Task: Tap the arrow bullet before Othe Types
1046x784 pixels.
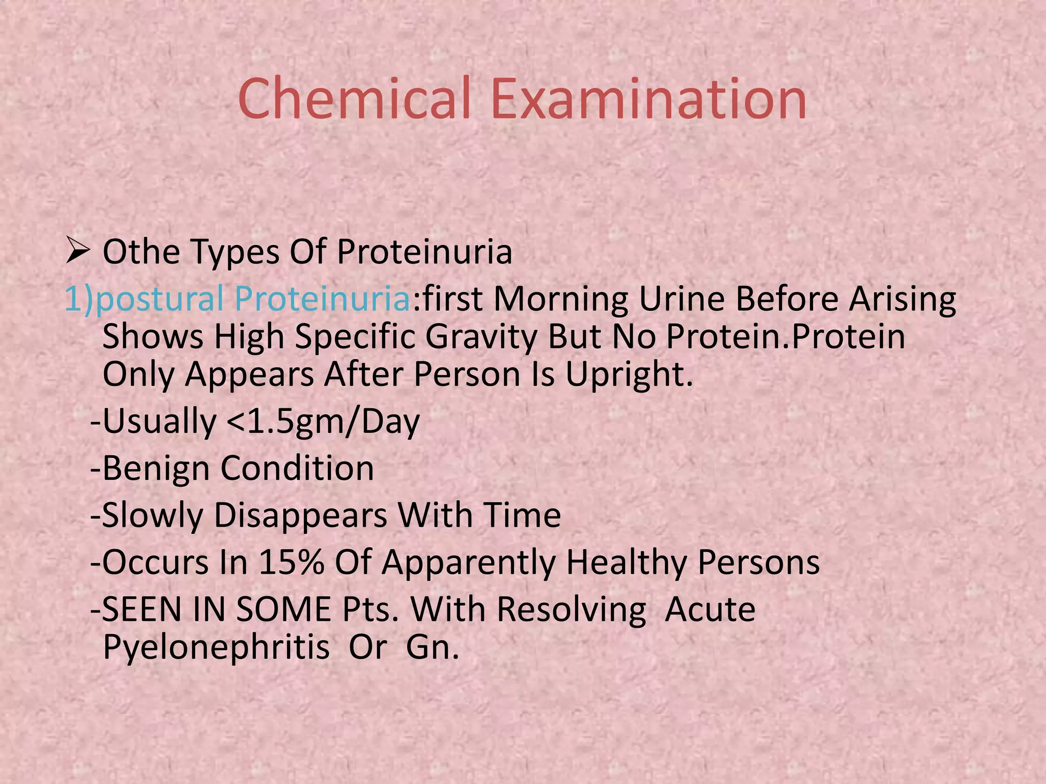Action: click(78, 252)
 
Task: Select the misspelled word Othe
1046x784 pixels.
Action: click(141, 252)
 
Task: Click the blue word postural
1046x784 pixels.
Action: click(159, 299)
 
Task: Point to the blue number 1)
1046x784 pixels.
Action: click(79, 299)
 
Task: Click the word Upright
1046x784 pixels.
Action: click(628, 375)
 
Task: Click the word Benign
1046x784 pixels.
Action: click(156, 469)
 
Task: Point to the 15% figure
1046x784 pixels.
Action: click(291, 562)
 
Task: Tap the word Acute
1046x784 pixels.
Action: click(710, 609)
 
